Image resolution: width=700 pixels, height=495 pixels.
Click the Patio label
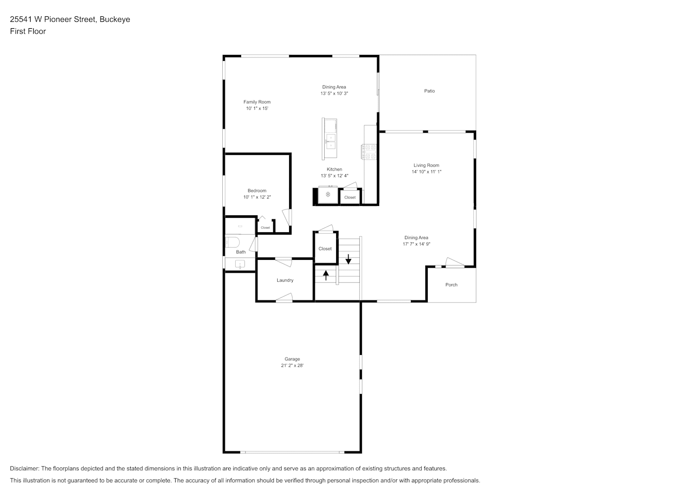point(429,91)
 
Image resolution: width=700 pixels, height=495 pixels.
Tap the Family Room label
point(257,102)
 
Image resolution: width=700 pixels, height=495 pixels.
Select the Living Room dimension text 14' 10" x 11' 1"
point(426,172)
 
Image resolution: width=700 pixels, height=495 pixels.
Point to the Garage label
point(292,359)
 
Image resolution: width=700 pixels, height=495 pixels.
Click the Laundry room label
point(285,280)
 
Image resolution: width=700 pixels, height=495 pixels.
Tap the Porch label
point(451,285)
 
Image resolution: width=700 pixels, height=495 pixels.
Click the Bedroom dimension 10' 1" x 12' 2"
point(257,197)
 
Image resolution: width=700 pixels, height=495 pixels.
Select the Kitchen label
point(334,169)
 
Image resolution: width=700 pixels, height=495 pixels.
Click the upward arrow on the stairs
point(326,275)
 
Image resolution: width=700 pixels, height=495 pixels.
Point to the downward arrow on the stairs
point(348,259)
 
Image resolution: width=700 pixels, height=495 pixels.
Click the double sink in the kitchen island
point(331,142)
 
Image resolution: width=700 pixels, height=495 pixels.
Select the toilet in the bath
point(232,242)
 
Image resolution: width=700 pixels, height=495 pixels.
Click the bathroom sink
point(240,264)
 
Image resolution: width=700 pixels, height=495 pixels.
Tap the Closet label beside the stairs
point(325,249)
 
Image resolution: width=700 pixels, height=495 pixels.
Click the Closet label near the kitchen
point(350,198)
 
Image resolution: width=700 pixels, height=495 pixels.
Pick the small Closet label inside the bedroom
point(265,228)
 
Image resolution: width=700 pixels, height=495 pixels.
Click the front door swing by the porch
point(454,262)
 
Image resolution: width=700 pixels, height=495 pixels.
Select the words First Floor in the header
point(28,31)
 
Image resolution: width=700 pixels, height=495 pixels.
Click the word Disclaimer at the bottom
point(25,468)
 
